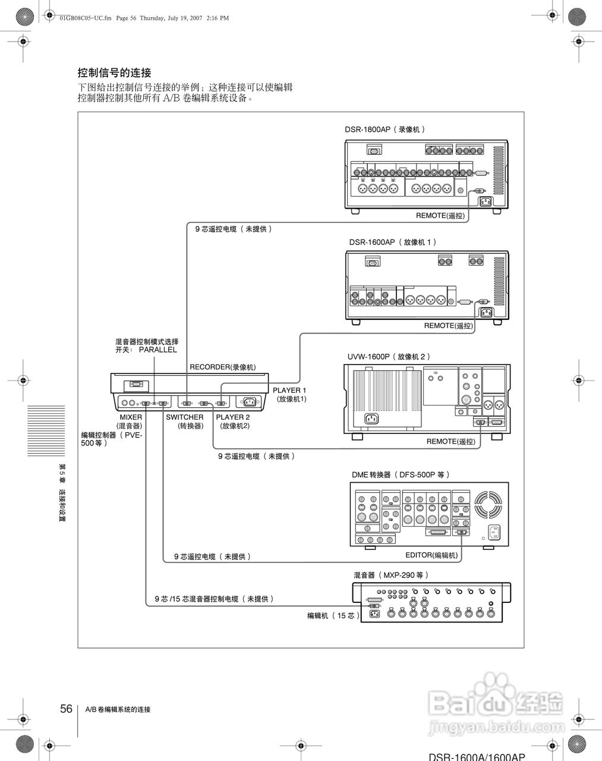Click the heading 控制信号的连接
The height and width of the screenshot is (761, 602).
pos(115,73)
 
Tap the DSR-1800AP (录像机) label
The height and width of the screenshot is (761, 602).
pos(385,129)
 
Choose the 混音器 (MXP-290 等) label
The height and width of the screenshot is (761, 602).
pos(391,575)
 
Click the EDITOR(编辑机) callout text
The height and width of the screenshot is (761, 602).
pos(431,555)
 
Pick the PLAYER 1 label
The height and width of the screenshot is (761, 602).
pos(289,391)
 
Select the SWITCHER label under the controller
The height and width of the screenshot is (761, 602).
pos(184,417)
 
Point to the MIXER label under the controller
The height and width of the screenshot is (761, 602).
pos(131,417)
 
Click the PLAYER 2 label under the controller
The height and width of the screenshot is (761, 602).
pos(233,417)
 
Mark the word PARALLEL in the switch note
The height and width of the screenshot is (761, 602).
pos(158,350)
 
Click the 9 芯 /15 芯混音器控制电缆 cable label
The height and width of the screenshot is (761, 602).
pos(215,599)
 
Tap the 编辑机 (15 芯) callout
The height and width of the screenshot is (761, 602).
pos(333,616)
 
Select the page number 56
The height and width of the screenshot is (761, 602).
pos(66,709)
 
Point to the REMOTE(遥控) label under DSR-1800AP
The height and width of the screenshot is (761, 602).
pos(440,215)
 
